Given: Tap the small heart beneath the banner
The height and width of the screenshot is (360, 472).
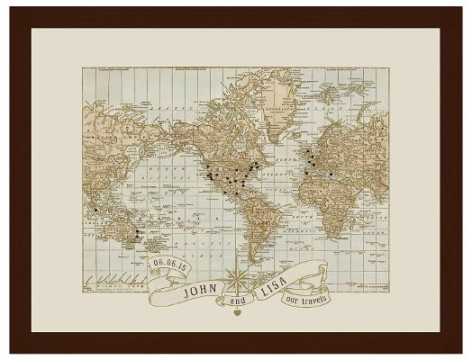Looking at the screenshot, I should pos(237,315).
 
